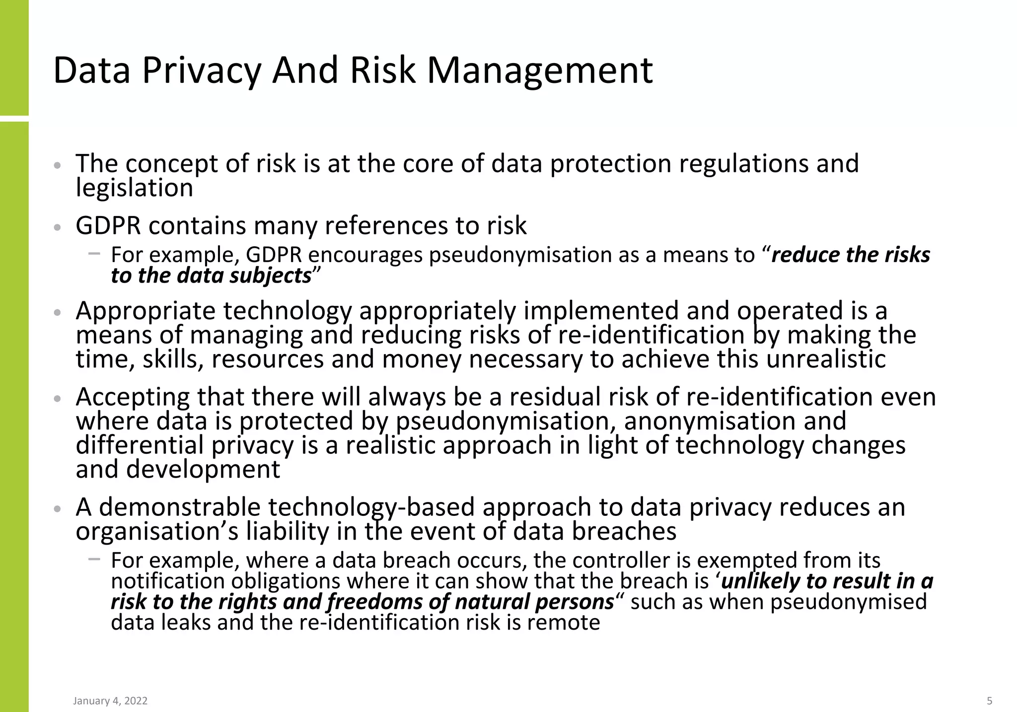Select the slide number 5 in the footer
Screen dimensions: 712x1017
click(x=989, y=701)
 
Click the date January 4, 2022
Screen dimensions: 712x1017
click(x=110, y=701)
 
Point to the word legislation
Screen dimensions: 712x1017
click(x=134, y=188)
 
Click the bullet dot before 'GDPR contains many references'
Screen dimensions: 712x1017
click(x=58, y=228)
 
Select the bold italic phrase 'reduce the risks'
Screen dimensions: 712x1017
click(x=850, y=255)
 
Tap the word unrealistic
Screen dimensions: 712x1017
click(x=826, y=358)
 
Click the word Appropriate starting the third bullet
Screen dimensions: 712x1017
click(x=145, y=311)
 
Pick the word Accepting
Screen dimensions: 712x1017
click(x=133, y=397)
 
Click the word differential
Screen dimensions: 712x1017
click(x=140, y=445)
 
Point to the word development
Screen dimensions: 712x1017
click(x=203, y=469)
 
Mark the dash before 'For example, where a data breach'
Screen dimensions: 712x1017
click(x=94, y=559)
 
